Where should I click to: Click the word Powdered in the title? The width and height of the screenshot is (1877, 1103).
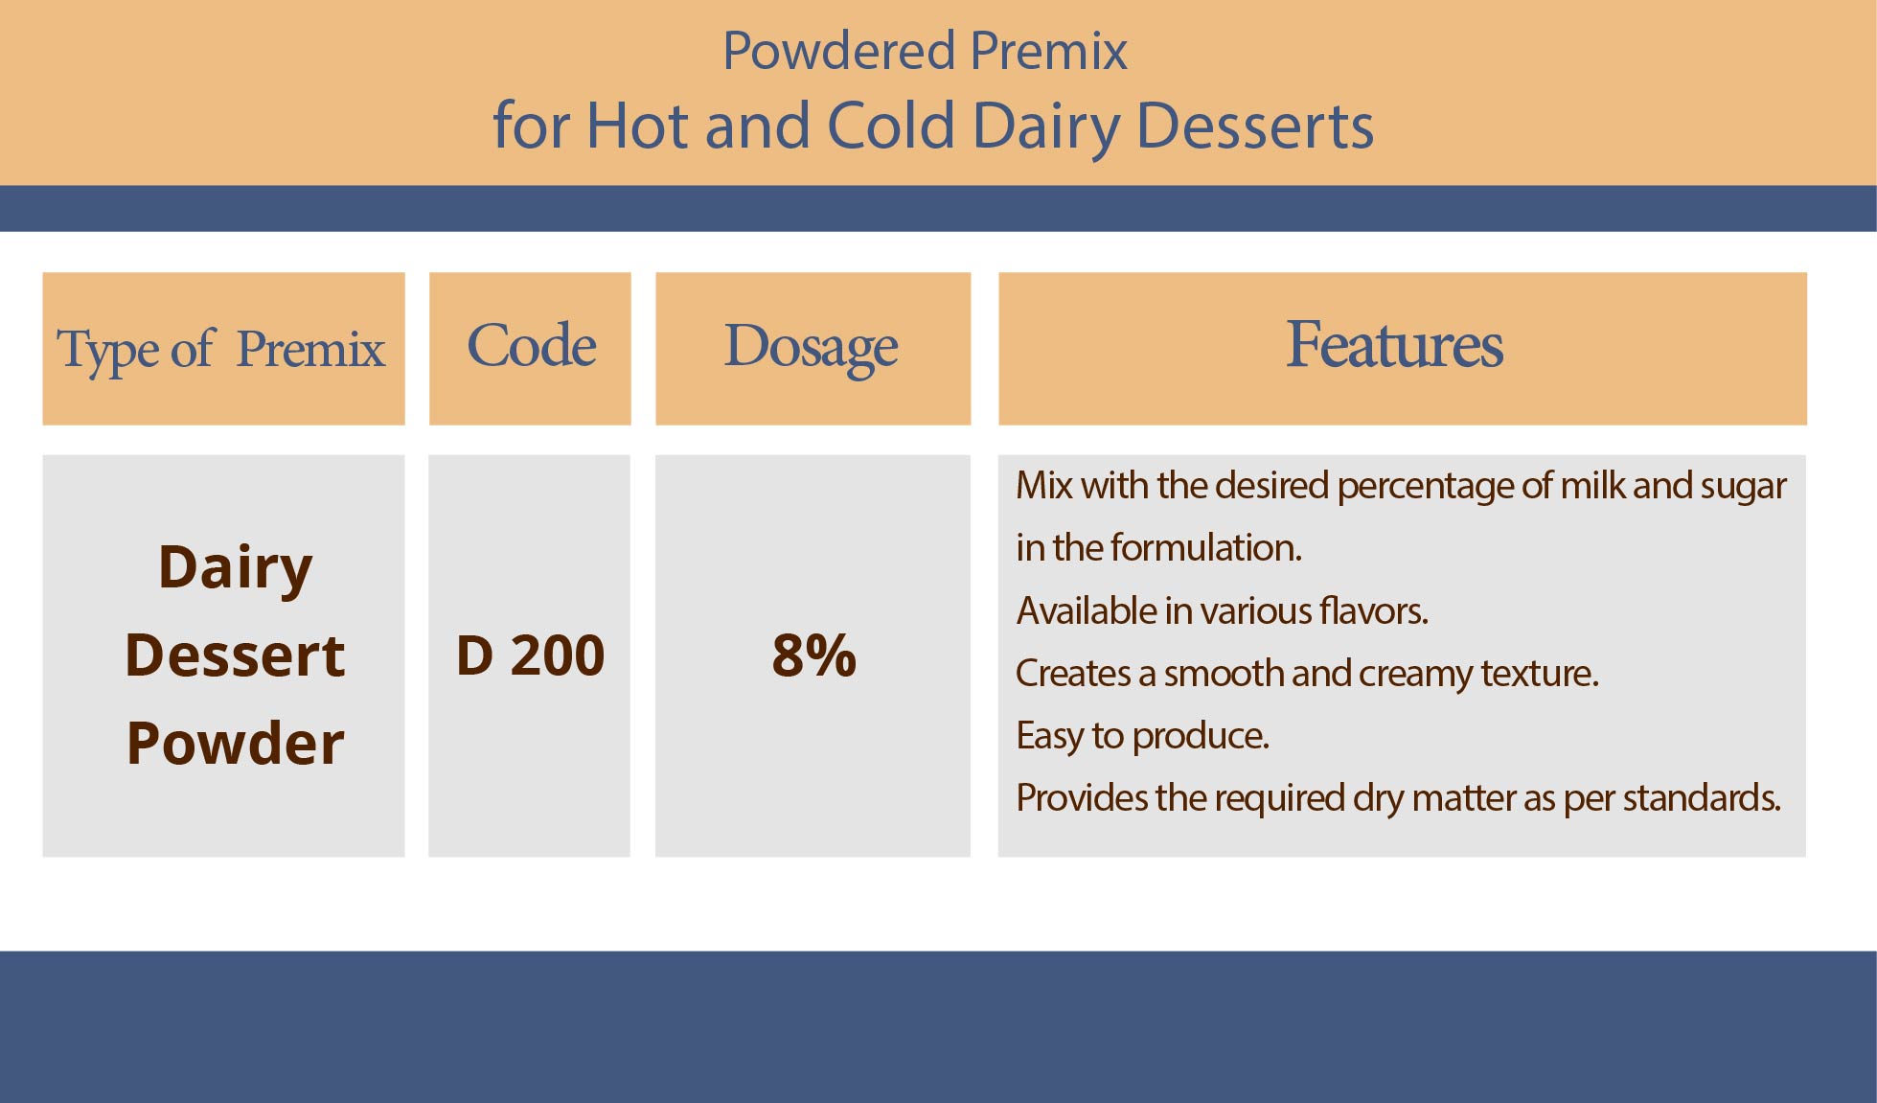click(839, 51)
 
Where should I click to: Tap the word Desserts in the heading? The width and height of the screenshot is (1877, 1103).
click(1255, 126)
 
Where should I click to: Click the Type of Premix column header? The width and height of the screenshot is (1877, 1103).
click(221, 349)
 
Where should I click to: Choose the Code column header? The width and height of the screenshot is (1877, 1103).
click(531, 345)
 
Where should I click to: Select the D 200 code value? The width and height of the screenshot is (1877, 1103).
click(530, 655)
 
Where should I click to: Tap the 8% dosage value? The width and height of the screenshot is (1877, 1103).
click(813, 655)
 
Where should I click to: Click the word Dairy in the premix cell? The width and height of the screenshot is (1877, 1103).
click(236, 568)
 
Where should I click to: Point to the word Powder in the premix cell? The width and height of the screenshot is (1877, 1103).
click(235, 743)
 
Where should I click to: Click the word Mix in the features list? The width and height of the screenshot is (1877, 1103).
click(1044, 486)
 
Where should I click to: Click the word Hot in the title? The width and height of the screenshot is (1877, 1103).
click(637, 126)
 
